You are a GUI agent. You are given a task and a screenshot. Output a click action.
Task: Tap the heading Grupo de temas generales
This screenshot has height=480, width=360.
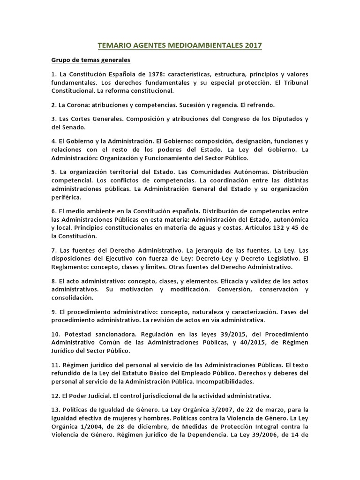(91, 60)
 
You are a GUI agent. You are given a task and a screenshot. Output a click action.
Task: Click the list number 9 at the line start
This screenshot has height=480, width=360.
(53, 312)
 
